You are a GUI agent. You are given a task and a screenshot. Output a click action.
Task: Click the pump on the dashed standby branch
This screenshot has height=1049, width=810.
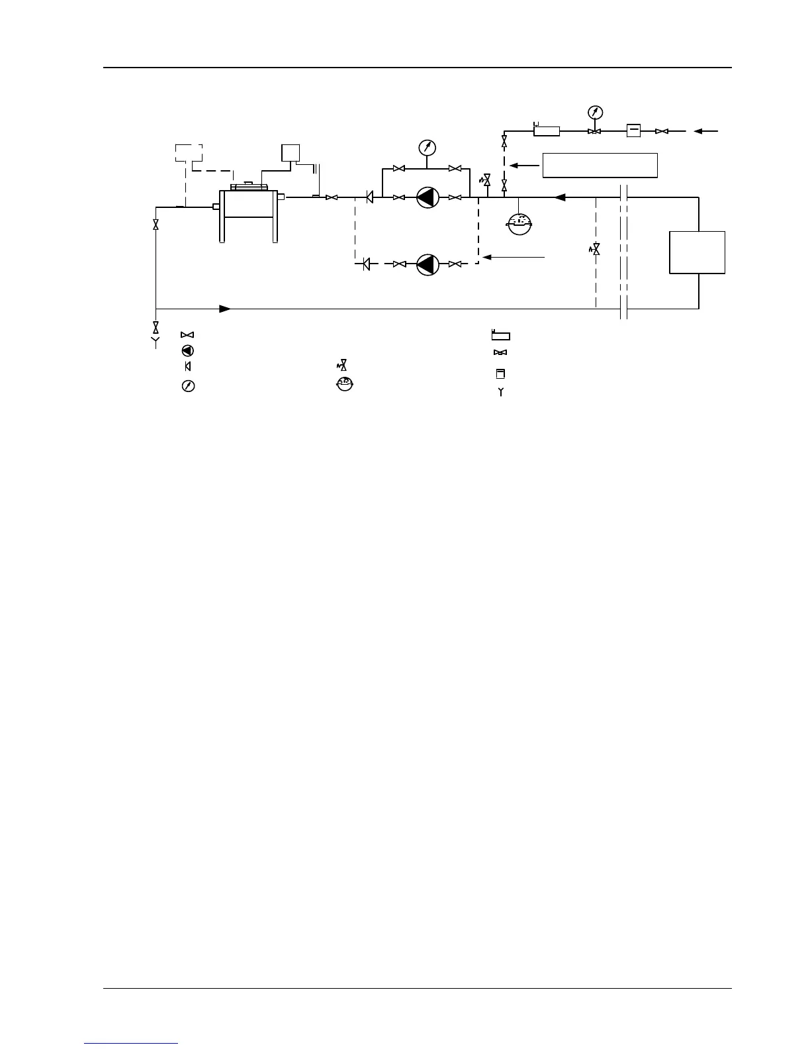[427, 264]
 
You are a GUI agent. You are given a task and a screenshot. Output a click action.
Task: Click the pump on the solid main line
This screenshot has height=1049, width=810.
[427, 197]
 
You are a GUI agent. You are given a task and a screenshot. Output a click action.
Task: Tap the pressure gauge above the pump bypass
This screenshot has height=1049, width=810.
[427, 147]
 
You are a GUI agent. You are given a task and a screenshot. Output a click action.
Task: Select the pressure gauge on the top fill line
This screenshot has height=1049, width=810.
[595, 113]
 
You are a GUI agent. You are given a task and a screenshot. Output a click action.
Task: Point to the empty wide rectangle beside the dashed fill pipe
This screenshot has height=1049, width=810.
[600, 165]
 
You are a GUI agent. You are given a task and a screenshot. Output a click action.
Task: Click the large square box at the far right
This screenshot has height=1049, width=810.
[697, 252]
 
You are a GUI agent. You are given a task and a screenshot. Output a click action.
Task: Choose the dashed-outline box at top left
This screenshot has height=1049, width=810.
[189, 153]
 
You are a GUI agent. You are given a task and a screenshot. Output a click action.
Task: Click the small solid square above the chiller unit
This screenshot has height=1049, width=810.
[291, 152]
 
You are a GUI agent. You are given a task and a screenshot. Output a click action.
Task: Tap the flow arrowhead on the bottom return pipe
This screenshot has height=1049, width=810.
[225, 309]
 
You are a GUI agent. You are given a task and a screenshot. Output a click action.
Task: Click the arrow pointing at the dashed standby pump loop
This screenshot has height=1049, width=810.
[514, 257]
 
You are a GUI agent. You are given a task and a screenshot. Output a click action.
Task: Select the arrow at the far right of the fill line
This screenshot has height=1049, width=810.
[705, 131]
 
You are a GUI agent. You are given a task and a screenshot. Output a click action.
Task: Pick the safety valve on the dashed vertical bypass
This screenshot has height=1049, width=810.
[595, 250]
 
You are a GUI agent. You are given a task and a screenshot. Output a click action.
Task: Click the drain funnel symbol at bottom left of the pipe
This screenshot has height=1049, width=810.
[156, 342]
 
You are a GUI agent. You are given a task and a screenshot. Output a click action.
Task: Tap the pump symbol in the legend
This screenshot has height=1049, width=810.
[187, 351]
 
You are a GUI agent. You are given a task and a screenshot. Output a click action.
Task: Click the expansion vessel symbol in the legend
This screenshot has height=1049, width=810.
[341, 383]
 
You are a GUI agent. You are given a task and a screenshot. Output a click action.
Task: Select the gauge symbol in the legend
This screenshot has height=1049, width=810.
[187, 386]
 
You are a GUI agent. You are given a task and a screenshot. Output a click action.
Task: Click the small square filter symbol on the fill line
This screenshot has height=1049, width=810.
[633, 131]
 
